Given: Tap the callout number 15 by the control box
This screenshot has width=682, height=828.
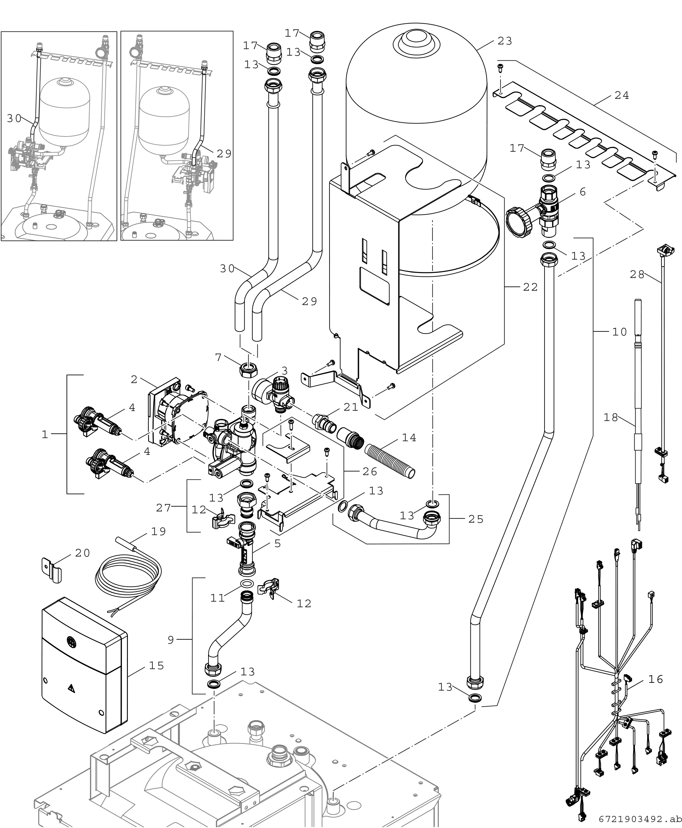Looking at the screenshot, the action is click(x=156, y=665).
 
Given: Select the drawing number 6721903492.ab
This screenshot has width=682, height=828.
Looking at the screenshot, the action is click(x=640, y=819).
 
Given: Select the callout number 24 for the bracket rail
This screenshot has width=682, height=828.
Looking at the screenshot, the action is click(x=622, y=95).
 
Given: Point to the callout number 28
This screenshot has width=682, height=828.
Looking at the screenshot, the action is click(x=637, y=275).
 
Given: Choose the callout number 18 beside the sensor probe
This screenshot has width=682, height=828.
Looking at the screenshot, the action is click(x=611, y=417).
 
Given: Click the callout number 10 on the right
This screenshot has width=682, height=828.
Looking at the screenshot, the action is click(x=619, y=332).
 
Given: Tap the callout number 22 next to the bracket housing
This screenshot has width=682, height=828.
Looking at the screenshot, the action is click(x=530, y=287).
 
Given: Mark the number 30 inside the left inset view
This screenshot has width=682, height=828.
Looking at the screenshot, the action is click(x=14, y=118).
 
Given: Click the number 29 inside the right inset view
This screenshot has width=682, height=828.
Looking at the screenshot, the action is click(x=224, y=154).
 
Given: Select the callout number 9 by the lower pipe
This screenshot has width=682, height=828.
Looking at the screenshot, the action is click(x=170, y=640).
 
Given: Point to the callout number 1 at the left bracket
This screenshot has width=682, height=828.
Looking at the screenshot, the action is click(x=45, y=435).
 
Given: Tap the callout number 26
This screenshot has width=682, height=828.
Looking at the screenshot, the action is click(x=370, y=471).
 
